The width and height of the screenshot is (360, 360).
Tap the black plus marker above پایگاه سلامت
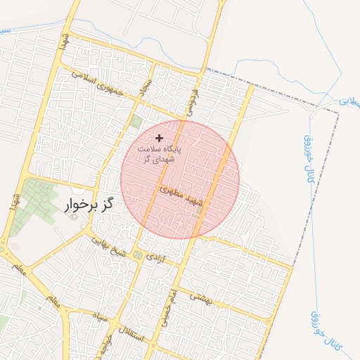coord(159,138)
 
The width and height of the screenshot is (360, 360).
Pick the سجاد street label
coord(147,89)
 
